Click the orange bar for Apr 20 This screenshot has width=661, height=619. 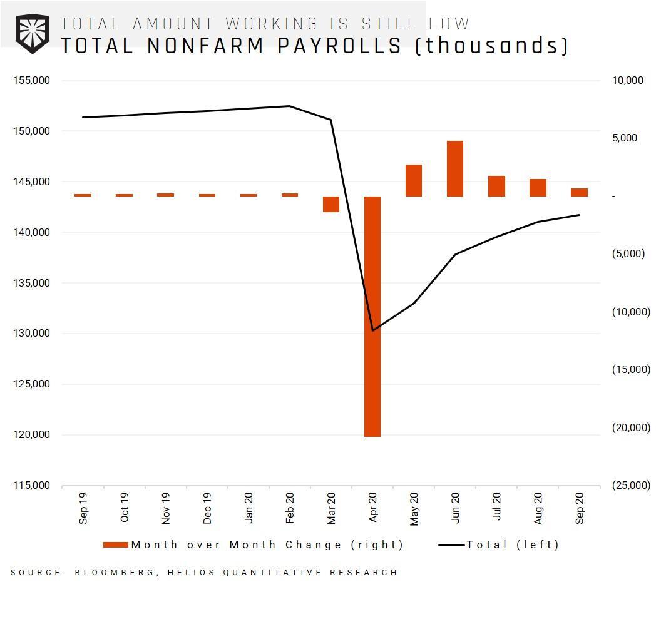(372, 316)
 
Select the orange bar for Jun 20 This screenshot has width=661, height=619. (455, 168)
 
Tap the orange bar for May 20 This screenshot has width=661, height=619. (414, 180)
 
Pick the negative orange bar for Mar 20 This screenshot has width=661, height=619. (331, 204)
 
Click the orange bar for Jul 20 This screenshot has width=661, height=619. (496, 186)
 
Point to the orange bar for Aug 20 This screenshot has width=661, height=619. (538, 188)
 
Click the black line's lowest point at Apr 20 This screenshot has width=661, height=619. (373, 330)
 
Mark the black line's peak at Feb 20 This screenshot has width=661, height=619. (289, 106)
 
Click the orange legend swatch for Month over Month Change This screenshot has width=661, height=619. (116, 545)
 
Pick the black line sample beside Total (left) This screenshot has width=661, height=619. (451, 545)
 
